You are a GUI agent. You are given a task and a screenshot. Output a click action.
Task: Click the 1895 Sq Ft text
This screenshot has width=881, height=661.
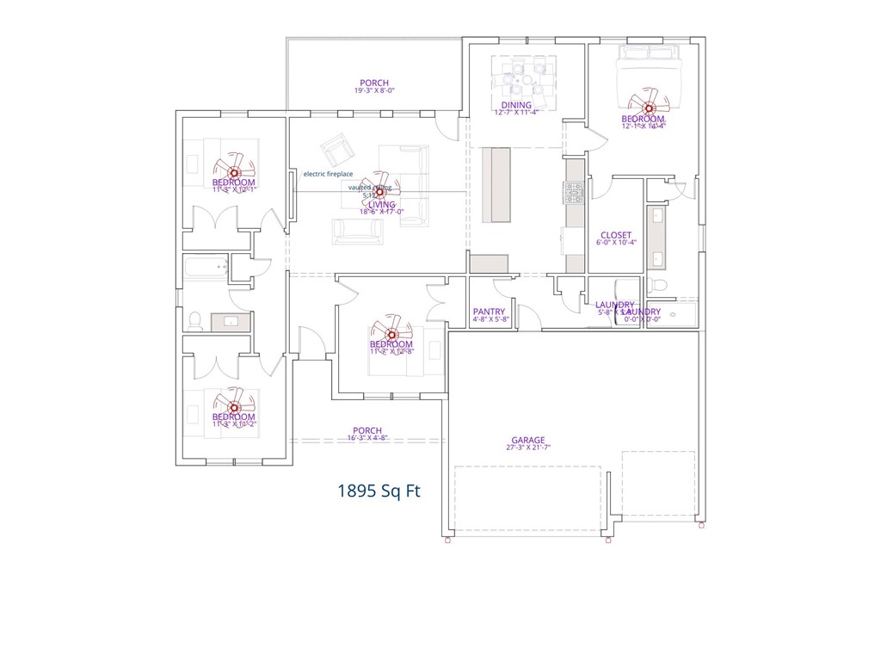point(379,491)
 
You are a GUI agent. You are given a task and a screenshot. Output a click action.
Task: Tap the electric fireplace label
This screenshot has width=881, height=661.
point(328,174)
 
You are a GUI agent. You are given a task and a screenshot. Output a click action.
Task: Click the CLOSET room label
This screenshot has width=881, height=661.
point(615,235)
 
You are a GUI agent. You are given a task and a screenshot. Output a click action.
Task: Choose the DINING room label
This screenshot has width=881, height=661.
point(516,105)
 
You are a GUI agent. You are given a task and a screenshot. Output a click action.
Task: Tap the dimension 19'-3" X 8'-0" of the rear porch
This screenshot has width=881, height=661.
point(374,90)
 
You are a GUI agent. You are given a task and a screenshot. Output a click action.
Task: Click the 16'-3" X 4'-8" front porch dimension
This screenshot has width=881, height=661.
point(367,438)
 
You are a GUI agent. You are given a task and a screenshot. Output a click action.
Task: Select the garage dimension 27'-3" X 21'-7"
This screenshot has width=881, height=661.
point(527,448)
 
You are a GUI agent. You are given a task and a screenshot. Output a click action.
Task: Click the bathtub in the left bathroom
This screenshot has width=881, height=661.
point(206,268)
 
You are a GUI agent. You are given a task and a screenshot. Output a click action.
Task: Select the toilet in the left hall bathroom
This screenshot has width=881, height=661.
point(196,321)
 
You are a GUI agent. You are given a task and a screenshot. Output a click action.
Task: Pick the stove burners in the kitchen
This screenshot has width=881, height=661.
point(574,193)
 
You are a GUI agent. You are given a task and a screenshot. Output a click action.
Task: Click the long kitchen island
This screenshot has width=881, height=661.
point(496,185)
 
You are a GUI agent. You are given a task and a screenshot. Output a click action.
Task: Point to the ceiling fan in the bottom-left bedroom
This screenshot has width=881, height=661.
point(234,403)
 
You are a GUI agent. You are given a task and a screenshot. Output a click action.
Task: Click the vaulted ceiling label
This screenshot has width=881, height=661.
point(370,187)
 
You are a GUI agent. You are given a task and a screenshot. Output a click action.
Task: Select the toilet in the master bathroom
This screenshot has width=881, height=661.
point(658,284)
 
